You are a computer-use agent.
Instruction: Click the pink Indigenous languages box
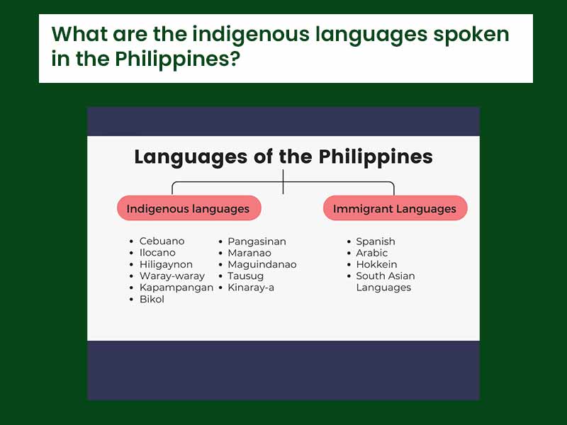(188, 209)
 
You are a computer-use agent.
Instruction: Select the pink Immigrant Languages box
(395, 209)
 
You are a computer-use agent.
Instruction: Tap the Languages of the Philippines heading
(283, 157)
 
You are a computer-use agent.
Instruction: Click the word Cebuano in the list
(162, 242)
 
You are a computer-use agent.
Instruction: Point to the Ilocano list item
(157, 253)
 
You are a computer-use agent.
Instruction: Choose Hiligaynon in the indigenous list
(166, 264)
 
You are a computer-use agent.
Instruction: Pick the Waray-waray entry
(172, 276)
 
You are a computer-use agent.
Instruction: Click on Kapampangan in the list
(176, 288)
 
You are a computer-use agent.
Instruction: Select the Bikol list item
(152, 300)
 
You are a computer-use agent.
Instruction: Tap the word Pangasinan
(257, 242)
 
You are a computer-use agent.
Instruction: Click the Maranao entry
(249, 253)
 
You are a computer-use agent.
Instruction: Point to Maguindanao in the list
(262, 264)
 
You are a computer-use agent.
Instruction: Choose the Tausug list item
(245, 276)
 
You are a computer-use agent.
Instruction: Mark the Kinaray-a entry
(251, 288)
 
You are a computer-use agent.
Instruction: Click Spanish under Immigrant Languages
(376, 242)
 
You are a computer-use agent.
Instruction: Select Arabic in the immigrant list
(372, 253)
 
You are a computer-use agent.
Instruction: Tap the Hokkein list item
(376, 264)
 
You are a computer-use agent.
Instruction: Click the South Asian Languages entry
(385, 282)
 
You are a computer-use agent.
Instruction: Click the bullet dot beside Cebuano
(131, 242)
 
